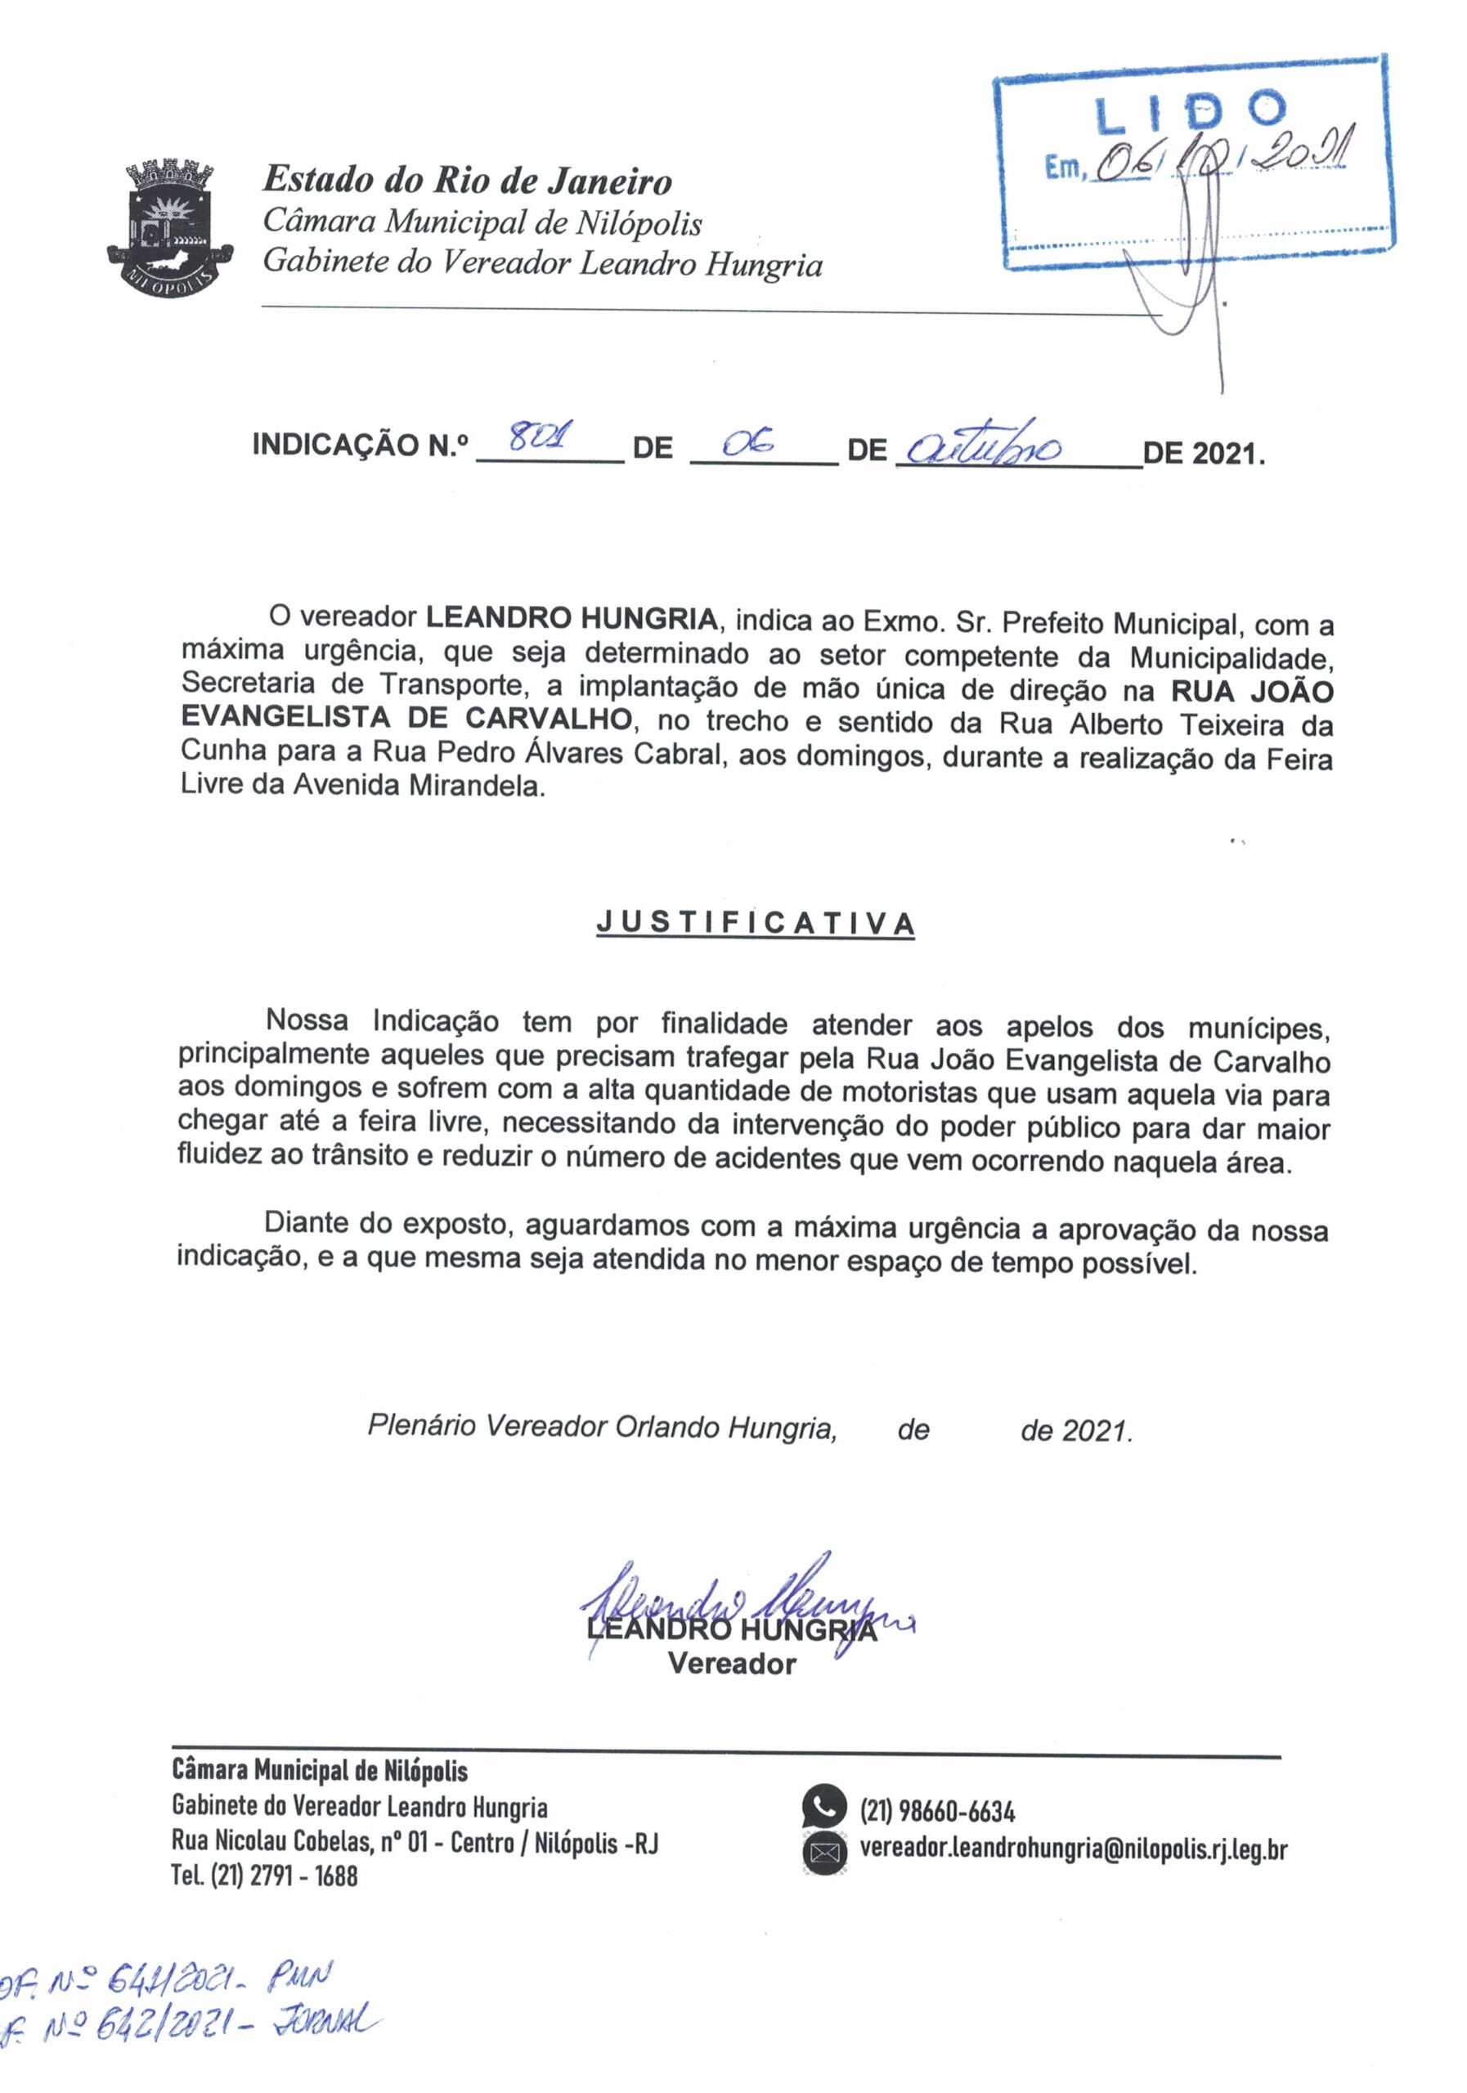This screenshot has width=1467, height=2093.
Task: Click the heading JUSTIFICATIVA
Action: [756, 923]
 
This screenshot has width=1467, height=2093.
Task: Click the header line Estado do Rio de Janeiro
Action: [467, 181]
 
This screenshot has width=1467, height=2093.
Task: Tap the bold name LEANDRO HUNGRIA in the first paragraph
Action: [572, 618]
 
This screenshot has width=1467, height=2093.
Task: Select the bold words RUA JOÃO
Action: [1252, 691]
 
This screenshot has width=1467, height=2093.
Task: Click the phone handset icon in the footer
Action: [824, 1808]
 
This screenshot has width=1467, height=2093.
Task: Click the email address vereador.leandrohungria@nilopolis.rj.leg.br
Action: [1073, 1849]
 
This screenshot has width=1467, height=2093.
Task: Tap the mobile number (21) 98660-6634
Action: [937, 1810]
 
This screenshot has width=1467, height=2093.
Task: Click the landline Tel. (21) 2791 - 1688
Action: [264, 1876]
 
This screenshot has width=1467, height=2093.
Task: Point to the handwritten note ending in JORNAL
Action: [191, 2022]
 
